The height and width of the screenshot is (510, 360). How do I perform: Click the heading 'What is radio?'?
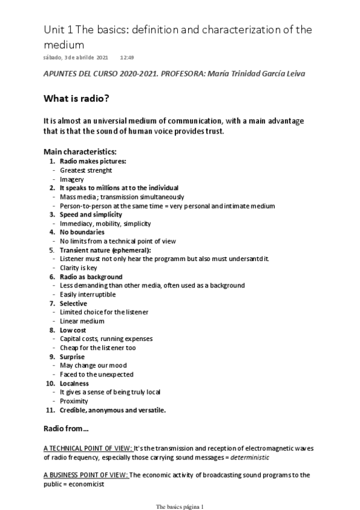(x=81, y=99)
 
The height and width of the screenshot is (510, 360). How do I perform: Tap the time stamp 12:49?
(x=127, y=58)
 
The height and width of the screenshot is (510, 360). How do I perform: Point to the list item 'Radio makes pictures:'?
(x=93, y=161)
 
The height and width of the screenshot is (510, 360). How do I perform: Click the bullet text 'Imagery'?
(x=72, y=179)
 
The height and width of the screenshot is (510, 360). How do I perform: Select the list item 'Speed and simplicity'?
(x=91, y=215)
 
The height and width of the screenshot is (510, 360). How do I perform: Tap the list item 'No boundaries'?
(x=82, y=232)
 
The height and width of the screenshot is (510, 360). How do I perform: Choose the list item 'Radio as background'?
(x=91, y=277)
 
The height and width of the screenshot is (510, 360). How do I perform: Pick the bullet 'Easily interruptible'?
(x=88, y=295)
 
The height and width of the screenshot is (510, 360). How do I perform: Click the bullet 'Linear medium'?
(x=82, y=321)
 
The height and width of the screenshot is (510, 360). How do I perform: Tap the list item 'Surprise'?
(x=72, y=357)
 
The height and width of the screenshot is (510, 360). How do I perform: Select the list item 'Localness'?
(x=75, y=383)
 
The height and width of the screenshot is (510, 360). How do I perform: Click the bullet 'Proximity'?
(x=74, y=401)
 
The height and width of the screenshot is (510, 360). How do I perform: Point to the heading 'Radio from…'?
(x=66, y=428)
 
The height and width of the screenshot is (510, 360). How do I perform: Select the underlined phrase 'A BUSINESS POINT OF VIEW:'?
(x=86, y=475)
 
